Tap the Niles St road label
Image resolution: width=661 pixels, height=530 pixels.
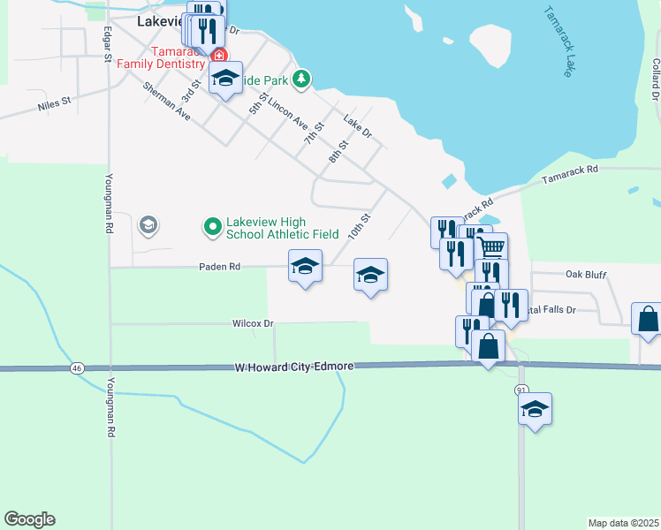[x=54, y=105]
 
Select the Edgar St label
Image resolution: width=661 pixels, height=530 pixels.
[x=107, y=43]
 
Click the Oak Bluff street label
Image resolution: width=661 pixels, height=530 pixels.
[x=586, y=275]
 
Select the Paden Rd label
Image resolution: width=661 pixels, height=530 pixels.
[x=220, y=266]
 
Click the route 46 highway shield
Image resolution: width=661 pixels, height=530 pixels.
[x=78, y=367]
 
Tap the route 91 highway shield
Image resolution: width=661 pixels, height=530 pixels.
[x=521, y=390]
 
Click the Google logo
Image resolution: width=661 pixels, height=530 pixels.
[x=29, y=519]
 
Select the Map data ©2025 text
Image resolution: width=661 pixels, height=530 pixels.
[x=622, y=522]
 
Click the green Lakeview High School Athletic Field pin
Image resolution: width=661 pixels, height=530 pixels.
[x=212, y=228]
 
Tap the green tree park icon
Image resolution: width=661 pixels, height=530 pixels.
[x=302, y=79]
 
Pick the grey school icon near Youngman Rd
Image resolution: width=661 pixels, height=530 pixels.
[x=148, y=226]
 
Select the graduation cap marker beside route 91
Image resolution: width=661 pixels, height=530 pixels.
[x=535, y=409]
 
